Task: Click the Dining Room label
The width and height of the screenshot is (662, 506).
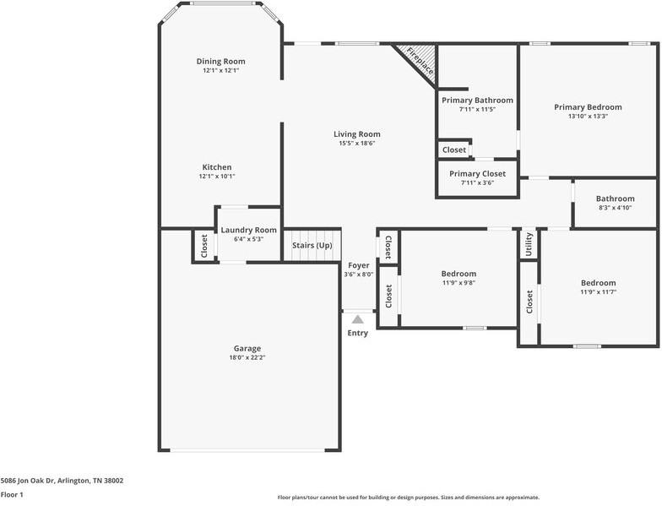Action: (x=220, y=62)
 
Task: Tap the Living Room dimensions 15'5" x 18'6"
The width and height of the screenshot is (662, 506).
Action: (x=356, y=144)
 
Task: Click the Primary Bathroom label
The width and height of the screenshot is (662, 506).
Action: (x=477, y=100)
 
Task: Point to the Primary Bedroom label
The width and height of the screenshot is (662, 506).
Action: (x=588, y=107)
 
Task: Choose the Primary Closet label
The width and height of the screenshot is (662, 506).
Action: (x=477, y=173)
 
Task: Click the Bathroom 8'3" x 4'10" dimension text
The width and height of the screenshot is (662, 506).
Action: (x=615, y=208)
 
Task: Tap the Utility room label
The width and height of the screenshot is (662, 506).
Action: (x=529, y=244)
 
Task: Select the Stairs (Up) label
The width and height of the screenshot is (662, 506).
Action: (x=312, y=246)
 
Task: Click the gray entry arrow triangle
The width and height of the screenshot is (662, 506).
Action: (x=358, y=319)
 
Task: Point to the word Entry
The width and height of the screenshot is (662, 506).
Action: (x=358, y=333)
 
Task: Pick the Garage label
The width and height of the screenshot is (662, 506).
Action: (x=247, y=348)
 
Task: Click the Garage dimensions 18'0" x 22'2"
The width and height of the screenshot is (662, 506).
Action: (x=247, y=358)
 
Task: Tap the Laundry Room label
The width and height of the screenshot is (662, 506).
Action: (x=248, y=230)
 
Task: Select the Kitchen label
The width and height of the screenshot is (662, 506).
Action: (x=216, y=167)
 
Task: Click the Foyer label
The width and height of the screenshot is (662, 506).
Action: (x=358, y=265)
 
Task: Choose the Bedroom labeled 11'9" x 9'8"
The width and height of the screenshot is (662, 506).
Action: (x=459, y=274)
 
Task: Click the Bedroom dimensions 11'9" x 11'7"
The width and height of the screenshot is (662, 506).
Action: (x=598, y=292)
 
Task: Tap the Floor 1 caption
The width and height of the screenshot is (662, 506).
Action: (x=12, y=495)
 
